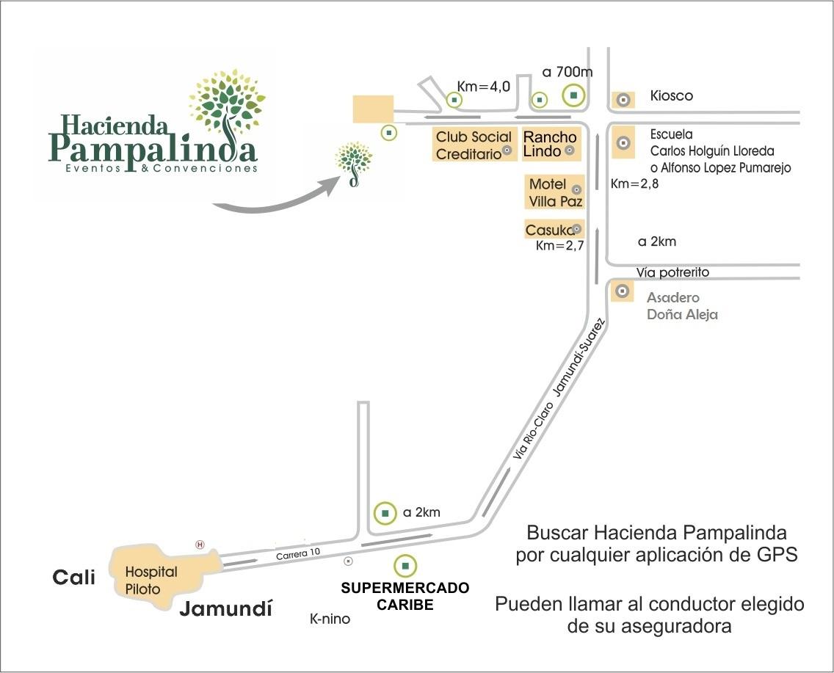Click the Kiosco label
671,95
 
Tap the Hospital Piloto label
151,581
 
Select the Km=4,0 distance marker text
484,86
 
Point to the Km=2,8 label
634,184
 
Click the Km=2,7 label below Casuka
559,246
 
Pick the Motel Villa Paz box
555,192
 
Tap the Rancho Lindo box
551,144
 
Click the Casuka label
550,230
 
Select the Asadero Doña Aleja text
682,306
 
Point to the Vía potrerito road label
672,273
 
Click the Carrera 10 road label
298,553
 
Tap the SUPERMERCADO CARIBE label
405,596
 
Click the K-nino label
330,619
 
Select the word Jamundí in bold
225,608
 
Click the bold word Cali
74,578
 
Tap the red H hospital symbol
200,545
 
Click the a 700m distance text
568,72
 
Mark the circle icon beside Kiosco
623,99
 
